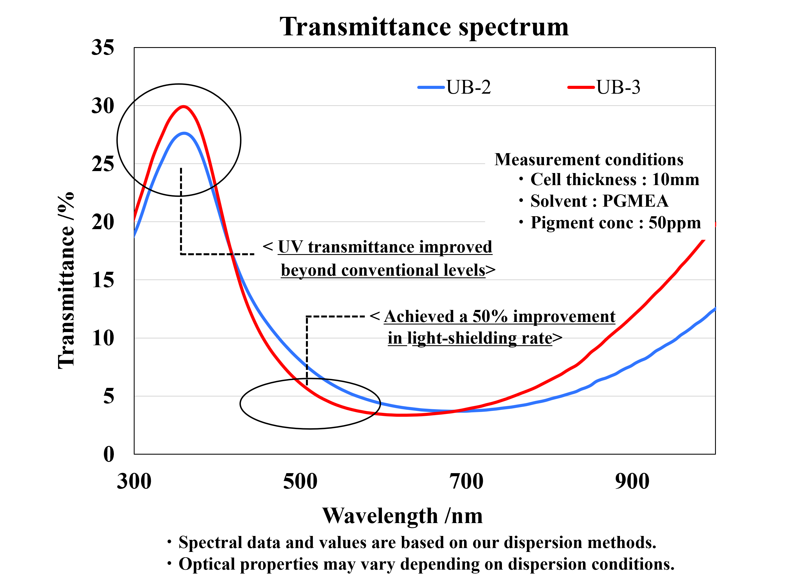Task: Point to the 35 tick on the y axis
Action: tap(103, 47)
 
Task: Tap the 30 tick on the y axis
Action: tap(103, 106)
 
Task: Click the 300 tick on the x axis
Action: tap(134, 482)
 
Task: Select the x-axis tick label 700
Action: tap(466, 482)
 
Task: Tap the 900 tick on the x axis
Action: tap(632, 482)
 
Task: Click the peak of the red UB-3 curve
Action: tap(183, 107)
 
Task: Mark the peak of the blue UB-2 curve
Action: tap(184, 133)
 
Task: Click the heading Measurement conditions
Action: tap(589, 160)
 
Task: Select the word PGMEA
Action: tap(635, 201)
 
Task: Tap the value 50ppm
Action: tap(675, 223)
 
